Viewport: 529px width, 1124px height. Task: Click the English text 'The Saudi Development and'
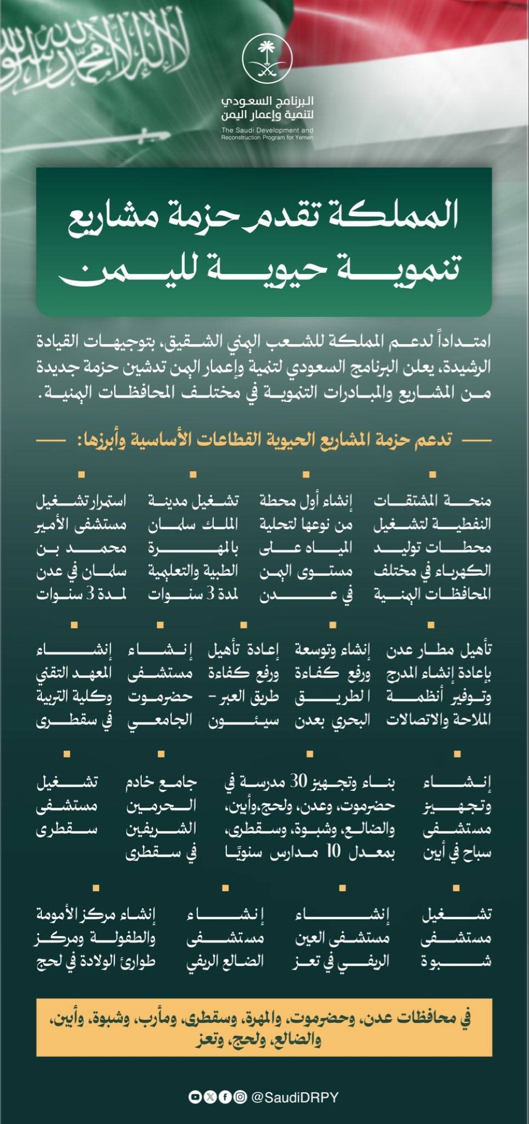(x=267, y=130)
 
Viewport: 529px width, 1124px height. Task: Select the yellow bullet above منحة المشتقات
(x=433, y=475)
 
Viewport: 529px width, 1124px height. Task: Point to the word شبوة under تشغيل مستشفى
(x=456, y=961)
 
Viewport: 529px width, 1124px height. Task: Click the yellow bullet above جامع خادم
(x=161, y=754)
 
